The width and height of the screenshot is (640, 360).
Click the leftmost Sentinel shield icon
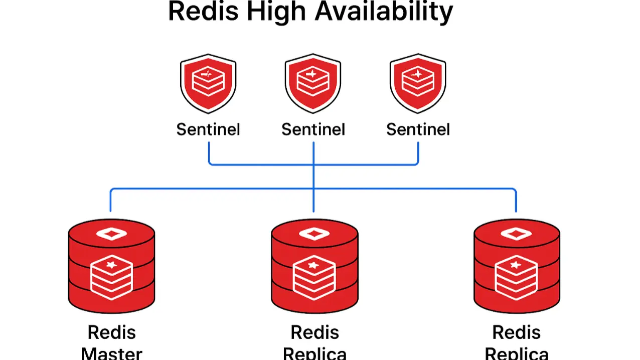(208, 83)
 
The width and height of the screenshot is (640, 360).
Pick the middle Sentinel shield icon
(313, 83)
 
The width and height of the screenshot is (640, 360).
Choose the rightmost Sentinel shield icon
(418, 83)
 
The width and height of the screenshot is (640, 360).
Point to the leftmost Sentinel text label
(208, 129)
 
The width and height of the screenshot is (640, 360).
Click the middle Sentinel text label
(313, 129)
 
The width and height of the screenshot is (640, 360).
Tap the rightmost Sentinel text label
(418, 129)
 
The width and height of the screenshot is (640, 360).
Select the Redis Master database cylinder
(111, 266)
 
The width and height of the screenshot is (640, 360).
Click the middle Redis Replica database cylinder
(314, 266)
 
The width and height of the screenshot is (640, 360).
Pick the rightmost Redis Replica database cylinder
(517, 266)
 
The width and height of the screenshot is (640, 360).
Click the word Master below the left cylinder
(111, 353)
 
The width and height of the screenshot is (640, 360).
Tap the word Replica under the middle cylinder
(314, 353)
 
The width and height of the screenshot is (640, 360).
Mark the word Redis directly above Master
(111, 332)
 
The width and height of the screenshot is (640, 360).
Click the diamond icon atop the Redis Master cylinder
(111, 234)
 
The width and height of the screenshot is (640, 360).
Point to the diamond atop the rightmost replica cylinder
(517, 234)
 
